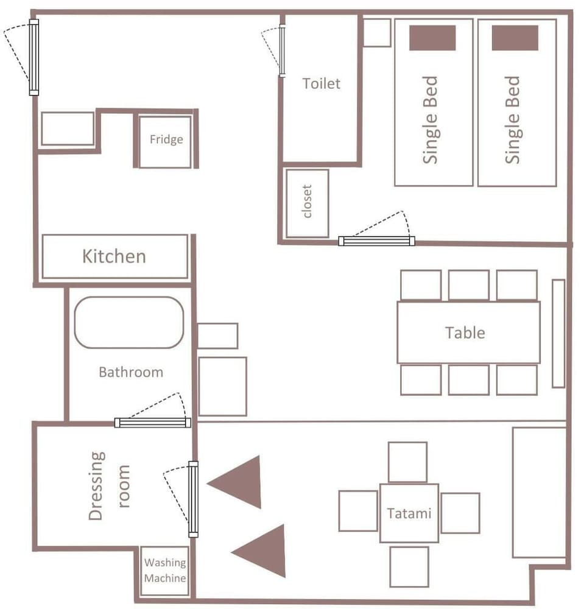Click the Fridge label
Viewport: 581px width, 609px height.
coord(166,139)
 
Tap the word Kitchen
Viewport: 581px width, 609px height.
coord(114,256)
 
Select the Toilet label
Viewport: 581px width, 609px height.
coord(321,83)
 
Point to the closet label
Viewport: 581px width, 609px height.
coord(307,201)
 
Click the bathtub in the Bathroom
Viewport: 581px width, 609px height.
coord(129,322)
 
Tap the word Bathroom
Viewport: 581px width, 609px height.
coord(131,372)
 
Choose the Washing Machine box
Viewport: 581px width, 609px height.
coord(164,571)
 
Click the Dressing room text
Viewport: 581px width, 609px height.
coord(108,485)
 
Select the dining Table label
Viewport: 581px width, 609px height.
coord(465,333)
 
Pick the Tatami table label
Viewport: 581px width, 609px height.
coord(409,513)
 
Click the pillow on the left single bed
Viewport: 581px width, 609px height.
coord(432,38)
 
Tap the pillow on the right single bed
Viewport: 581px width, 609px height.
coord(515,38)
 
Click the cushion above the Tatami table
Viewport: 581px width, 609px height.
coord(407,462)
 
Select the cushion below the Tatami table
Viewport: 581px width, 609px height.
coord(409,566)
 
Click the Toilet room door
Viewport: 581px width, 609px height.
coord(282,51)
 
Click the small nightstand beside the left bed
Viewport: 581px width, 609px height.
coord(377,33)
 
